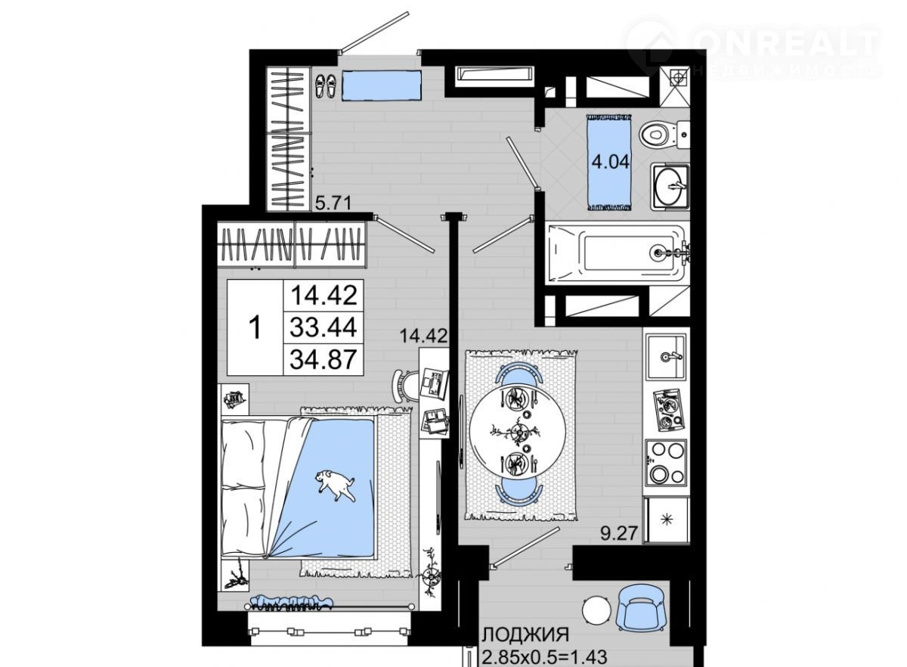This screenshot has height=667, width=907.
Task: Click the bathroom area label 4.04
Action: coord(610,163)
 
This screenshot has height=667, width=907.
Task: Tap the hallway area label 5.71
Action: coord(333,203)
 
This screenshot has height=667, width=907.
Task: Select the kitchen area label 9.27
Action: coord(619,533)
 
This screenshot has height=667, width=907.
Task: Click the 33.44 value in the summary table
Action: coord(323,327)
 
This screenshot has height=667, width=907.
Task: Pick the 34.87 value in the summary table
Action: coord(323,359)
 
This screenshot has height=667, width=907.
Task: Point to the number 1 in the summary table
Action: coord(255,327)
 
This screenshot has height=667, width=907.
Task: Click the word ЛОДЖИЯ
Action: coord(526,634)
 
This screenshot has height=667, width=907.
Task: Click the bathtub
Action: coord(618,253)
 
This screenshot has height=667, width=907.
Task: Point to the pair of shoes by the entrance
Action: coord(326,85)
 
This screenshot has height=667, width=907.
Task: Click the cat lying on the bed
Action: coord(336,484)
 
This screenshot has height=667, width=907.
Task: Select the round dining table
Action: coord(519,431)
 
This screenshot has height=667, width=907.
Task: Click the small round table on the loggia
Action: coord(596,609)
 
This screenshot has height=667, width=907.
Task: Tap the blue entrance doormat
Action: coord(382,85)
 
